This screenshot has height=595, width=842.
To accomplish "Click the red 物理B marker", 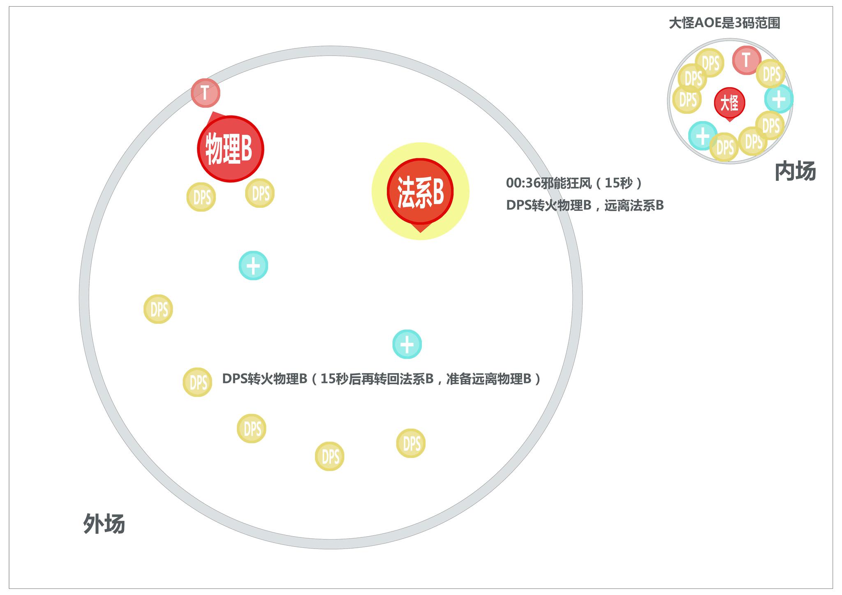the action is point(230,149).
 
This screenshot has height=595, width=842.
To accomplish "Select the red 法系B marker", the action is point(420,192).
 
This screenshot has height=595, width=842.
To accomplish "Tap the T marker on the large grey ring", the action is point(206,93).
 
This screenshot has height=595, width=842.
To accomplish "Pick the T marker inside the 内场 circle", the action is point(746,60).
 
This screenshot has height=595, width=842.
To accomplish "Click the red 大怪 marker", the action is point(729,102).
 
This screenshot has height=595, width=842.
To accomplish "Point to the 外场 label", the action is point(104,524).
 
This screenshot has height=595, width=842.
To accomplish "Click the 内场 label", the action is point(795,171).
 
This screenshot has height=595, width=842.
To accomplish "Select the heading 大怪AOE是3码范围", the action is point(724,23).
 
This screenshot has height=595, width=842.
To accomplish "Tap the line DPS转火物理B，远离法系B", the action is point(585,205).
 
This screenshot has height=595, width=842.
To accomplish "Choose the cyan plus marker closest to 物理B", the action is point(253,265).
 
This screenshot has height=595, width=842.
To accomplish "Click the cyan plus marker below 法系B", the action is point(407,344).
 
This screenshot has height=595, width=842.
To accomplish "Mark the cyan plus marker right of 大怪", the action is point(778,99).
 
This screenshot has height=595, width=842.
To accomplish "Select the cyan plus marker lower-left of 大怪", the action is point(703,136).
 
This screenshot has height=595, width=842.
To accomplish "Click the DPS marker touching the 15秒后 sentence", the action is point(198,382).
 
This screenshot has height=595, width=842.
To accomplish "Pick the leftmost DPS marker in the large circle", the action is point(158,309).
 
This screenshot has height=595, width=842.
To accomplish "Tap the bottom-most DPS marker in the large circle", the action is point(329,456).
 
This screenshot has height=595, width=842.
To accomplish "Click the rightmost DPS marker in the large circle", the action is point(411,443).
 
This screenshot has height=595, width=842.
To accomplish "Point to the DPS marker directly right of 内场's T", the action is point(770,74).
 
